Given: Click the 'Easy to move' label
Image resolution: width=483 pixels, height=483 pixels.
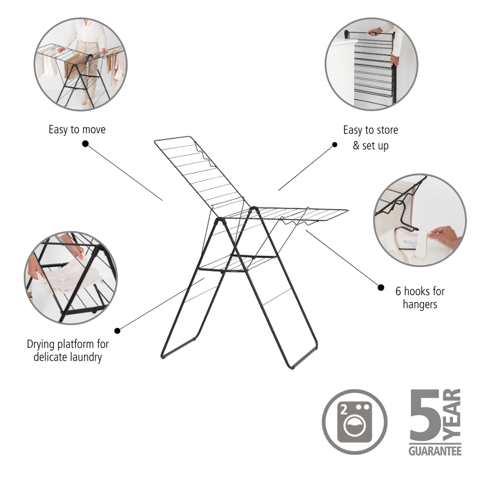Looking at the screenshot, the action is pos(77,129).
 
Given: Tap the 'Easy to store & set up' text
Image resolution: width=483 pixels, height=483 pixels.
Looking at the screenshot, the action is pos(370,137).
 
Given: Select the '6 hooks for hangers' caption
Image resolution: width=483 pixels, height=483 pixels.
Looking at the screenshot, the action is pos(420,298).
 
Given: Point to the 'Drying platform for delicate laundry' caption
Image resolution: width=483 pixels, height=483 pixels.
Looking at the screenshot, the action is pos(68,351).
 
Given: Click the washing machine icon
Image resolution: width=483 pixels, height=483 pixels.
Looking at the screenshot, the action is pos(355,422).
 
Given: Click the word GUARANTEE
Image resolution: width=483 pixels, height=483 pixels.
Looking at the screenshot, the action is pos(435,451).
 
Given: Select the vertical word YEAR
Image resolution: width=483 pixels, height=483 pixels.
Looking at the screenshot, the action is pos(452,414).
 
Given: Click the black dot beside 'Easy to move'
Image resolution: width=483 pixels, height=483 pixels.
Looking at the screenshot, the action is pos(85,143).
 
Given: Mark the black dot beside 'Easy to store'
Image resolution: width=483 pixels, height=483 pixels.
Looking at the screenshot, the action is pos(335,144).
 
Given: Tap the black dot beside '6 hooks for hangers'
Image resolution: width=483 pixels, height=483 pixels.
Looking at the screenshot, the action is pos(381,287).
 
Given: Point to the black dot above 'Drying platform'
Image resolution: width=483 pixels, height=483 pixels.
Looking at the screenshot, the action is pos(117,331).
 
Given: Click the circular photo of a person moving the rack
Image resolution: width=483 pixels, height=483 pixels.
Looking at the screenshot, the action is pos(80,64).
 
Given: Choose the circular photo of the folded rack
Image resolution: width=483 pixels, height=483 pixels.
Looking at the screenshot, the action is pos(371,64).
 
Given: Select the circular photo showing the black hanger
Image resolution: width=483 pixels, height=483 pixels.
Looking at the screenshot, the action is pos(420,221).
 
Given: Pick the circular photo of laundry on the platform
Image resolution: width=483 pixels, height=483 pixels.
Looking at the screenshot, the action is pos(71,278).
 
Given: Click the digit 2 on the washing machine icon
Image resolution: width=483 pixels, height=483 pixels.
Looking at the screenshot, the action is pos(344,410).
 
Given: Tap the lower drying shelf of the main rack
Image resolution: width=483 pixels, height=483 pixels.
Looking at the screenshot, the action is pos(238,263).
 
